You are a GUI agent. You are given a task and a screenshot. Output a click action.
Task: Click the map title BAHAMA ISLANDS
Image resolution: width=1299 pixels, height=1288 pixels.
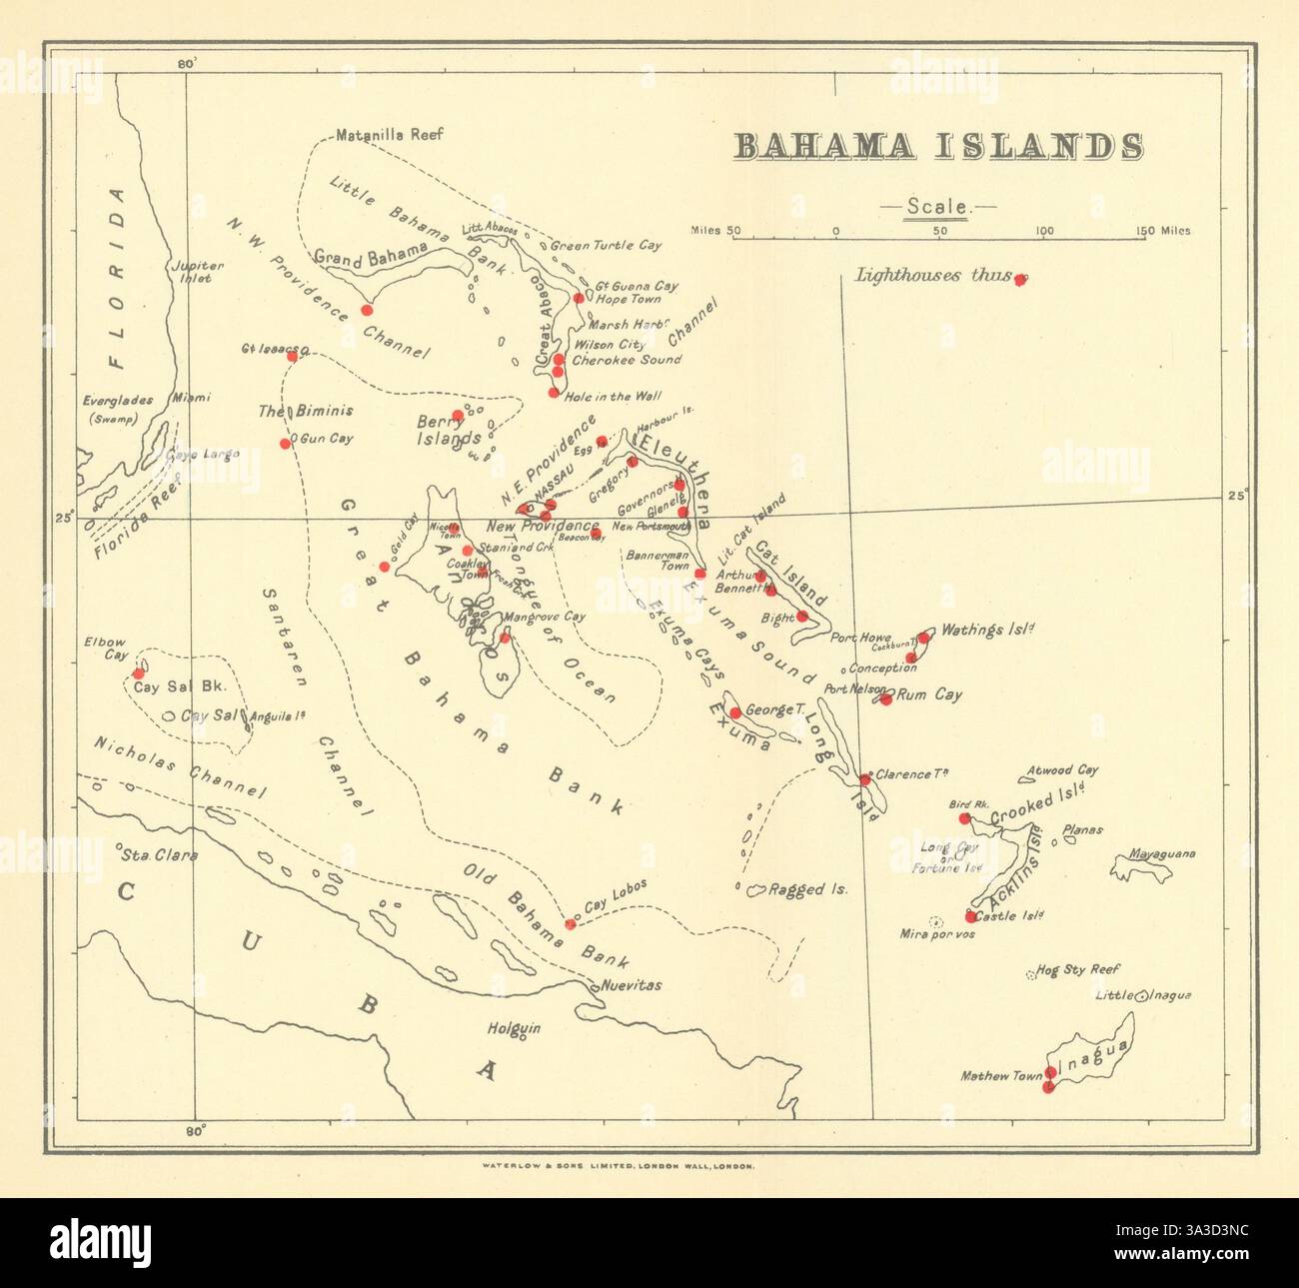938,146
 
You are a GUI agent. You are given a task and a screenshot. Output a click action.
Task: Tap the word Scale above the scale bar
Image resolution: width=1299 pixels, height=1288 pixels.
936,207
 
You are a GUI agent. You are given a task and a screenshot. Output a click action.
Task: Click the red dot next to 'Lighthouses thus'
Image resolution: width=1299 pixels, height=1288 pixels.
1019,280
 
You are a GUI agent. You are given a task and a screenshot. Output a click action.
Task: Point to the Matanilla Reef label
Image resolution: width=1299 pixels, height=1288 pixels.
390,134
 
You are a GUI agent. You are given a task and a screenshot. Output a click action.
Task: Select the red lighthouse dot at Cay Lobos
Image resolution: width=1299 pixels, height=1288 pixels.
570,923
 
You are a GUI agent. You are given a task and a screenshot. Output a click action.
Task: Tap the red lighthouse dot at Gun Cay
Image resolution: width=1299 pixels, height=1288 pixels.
285,443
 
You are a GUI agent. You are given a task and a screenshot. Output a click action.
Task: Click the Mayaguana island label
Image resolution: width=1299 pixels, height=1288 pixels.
1162,853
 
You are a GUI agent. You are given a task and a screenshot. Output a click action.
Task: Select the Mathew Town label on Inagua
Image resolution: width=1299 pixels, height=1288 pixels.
1000,1076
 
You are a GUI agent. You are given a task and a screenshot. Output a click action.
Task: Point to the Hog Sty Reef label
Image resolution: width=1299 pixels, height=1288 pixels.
1078,969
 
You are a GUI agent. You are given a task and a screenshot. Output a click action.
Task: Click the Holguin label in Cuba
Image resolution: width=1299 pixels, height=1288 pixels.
514,1027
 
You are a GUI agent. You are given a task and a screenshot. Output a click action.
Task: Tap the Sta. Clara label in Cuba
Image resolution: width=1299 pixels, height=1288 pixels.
159,854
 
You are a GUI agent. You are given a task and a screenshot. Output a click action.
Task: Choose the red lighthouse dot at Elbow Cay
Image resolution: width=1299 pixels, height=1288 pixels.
138,673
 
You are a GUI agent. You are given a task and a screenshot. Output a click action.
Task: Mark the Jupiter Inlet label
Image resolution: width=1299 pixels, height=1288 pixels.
197,272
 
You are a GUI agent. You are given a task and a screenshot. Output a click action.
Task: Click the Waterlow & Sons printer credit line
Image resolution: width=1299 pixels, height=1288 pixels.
618,1165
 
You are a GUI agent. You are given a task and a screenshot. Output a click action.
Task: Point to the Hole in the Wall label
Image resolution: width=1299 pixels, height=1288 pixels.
613,397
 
